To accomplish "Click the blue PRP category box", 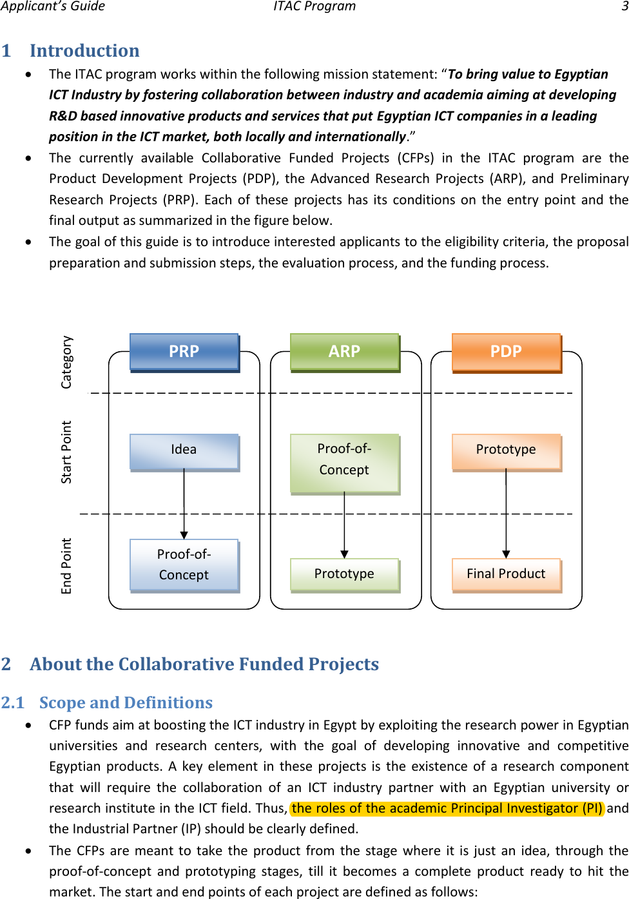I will pyautogui.click(x=184, y=352).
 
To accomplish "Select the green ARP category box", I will pyautogui.click(x=345, y=352).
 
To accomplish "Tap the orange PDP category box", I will pyautogui.click(x=507, y=352).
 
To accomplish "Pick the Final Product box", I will pyautogui.click(x=507, y=574).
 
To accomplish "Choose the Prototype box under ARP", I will pyautogui.click(x=345, y=574).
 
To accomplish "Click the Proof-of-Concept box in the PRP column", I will pyautogui.click(x=184, y=565).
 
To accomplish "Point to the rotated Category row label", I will pyautogui.click(x=66, y=362).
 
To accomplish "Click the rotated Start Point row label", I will pyautogui.click(x=66, y=452).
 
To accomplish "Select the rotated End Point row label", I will pyautogui.click(x=66, y=566).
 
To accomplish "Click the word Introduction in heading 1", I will pyautogui.click(x=84, y=51).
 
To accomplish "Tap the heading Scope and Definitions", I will pyautogui.click(x=126, y=702).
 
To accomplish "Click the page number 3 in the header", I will pyautogui.click(x=624, y=6).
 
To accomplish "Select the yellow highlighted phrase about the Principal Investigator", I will pyautogui.click(x=447, y=808).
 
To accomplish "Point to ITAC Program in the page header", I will pyautogui.click(x=314, y=6).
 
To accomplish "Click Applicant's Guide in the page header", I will pyautogui.click(x=53, y=6).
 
